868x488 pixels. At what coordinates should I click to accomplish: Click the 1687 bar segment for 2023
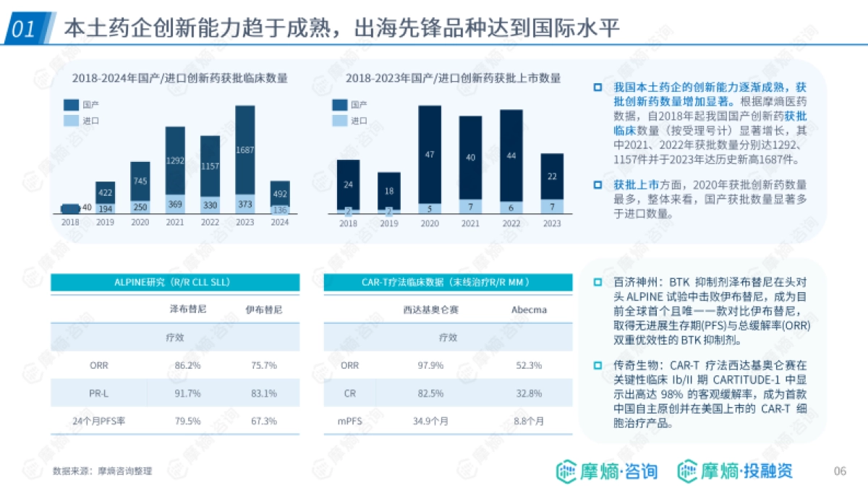(x=244, y=150)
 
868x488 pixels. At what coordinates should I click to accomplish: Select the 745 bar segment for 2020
(x=140, y=181)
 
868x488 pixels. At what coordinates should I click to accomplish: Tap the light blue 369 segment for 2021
(x=175, y=205)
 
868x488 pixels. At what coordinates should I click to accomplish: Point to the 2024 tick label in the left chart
(x=279, y=223)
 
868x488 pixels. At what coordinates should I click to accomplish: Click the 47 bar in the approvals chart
(x=430, y=154)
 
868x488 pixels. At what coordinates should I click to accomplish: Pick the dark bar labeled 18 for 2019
(x=389, y=192)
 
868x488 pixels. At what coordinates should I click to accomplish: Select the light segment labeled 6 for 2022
(x=511, y=207)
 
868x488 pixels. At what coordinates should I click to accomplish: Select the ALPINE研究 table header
(x=174, y=282)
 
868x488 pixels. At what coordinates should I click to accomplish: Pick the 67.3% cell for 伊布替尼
(x=264, y=421)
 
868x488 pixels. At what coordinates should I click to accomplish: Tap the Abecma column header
(x=529, y=310)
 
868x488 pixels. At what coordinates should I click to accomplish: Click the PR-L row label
(x=98, y=393)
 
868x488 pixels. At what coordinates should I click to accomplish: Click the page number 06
(x=840, y=471)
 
